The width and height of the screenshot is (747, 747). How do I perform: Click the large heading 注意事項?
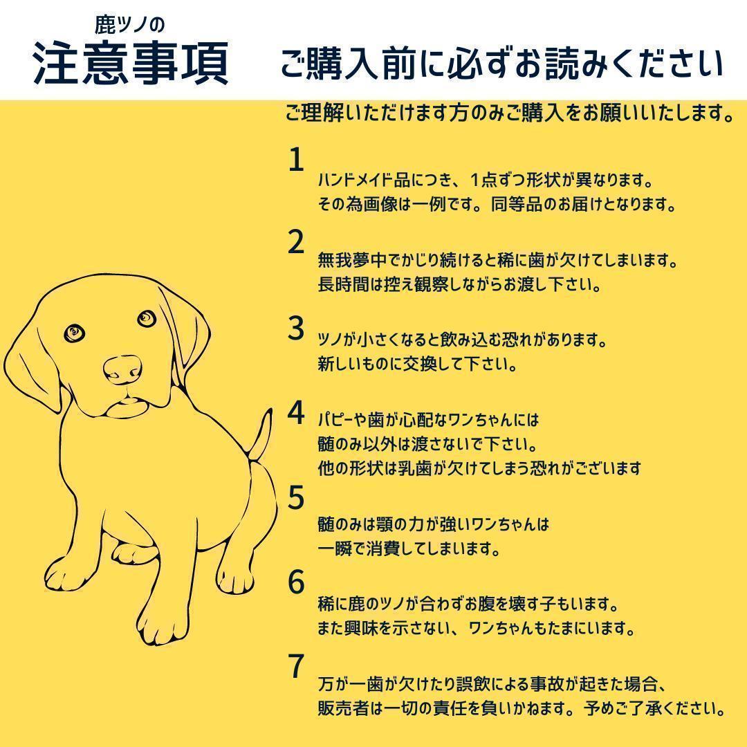coord(131,64)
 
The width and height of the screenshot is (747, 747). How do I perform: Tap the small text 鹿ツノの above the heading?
coord(129,25)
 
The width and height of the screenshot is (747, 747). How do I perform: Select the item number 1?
coord(296,160)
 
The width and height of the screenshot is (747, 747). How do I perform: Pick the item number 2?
coord(296,242)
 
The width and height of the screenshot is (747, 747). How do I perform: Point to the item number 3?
coord(296,329)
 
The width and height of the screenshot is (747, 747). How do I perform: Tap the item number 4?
coord(296,412)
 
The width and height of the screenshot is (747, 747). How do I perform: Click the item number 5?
coord(296,497)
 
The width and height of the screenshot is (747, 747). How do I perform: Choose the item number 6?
coord(296,582)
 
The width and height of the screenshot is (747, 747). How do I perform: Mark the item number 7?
coord(296,666)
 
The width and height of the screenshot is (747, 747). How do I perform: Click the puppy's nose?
coord(122,369)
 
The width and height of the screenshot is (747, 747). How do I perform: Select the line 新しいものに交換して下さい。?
coord(418,365)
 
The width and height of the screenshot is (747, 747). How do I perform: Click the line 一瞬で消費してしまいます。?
coord(409,548)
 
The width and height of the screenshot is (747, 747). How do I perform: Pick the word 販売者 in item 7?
coord(344,708)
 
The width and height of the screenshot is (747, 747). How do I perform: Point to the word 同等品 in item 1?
coord(517,205)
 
